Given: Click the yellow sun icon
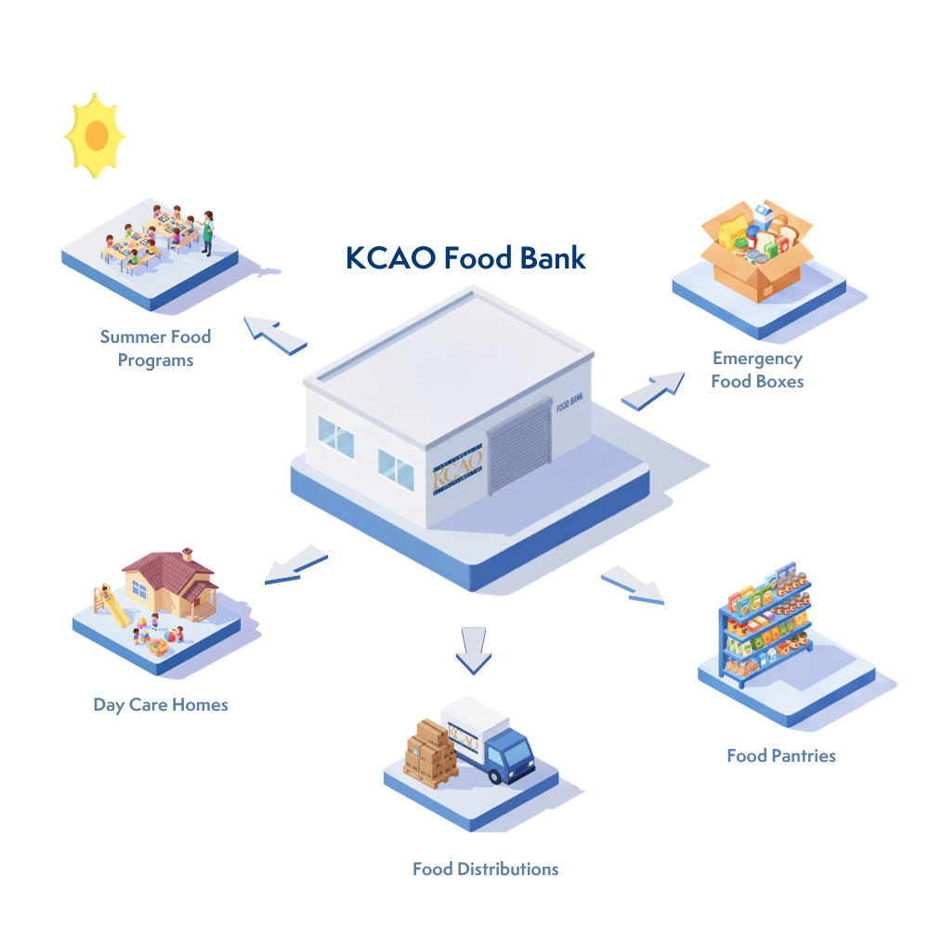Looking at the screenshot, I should [x=95, y=136].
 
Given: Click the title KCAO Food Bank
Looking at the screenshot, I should [x=466, y=257].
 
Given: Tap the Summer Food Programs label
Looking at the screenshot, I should [x=155, y=348].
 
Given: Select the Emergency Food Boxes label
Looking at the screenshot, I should [x=757, y=370].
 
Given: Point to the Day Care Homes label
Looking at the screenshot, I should [x=161, y=704].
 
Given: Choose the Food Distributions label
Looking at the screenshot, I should [x=485, y=870].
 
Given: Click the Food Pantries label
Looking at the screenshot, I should [x=780, y=755].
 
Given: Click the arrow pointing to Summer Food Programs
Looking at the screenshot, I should [x=275, y=334].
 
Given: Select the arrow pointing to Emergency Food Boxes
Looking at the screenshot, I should [x=652, y=389].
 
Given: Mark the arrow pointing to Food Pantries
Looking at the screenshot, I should [x=633, y=582].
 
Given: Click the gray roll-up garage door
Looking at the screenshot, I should [x=519, y=448].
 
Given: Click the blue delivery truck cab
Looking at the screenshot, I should [x=509, y=754].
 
